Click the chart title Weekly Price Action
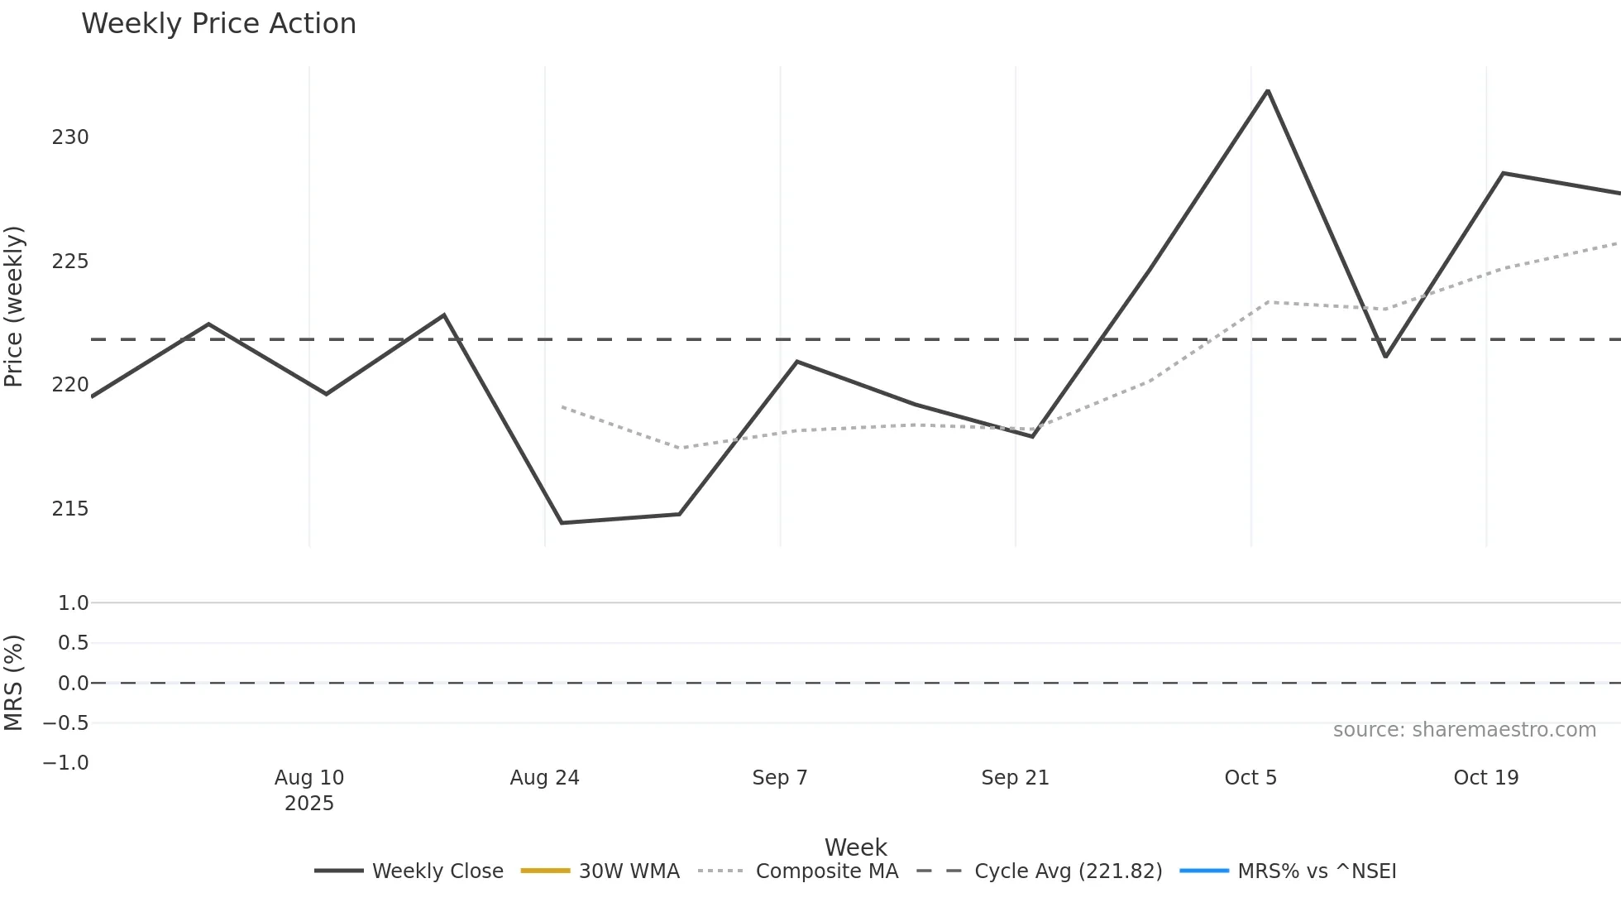pos(218,24)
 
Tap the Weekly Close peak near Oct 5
pos(1267,91)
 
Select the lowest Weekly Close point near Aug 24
pos(562,523)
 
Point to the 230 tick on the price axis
pos(70,137)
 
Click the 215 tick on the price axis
pos(70,509)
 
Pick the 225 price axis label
pos(70,262)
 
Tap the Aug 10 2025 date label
pos(309,790)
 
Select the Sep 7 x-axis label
pos(779,778)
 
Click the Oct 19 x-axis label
pos(1485,778)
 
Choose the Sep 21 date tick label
pos(1015,778)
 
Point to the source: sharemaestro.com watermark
pos(1464,730)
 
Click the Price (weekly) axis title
pos(14,306)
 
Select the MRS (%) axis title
pos(14,683)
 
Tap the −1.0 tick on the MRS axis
pos(66,763)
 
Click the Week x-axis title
pos(855,847)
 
